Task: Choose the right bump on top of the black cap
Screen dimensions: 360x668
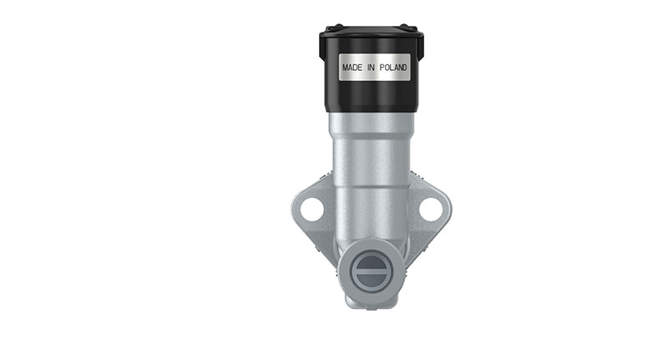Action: pos(408,28)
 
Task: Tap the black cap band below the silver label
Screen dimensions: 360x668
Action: pos(372,96)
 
